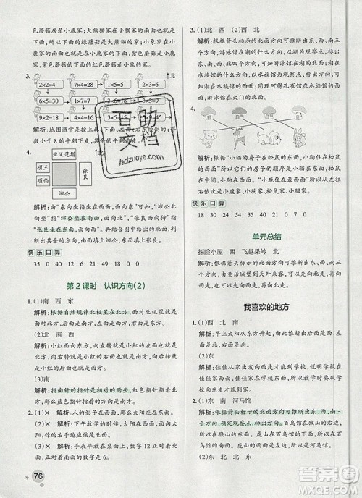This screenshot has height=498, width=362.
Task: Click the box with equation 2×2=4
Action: coord(38,85)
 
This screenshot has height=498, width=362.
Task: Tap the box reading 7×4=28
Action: coord(77,85)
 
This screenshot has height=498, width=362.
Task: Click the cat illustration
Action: coord(212,135)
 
